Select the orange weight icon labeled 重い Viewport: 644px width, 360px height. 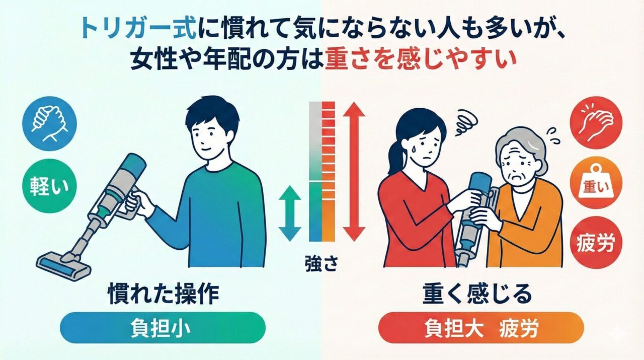click(x=595, y=184)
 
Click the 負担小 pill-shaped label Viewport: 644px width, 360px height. click(x=162, y=328)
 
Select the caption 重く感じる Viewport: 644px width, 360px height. click(x=478, y=295)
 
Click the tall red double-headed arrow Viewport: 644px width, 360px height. click(x=355, y=171)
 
